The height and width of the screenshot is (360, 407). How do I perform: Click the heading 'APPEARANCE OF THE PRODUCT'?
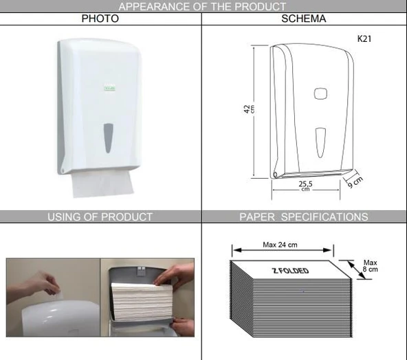click(x=202, y=6)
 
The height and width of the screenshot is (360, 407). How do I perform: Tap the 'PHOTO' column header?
click(x=100, y=19)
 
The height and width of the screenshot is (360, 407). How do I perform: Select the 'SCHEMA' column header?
click(x=304, y=19)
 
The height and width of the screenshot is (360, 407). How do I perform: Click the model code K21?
click(x=364, y=38)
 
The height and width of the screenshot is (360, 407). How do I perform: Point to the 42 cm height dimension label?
click(x=249, y=109)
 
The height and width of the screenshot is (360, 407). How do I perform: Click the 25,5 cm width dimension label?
click(x=305, y=185)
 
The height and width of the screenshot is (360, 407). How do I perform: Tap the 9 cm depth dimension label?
click(x=355, y=182)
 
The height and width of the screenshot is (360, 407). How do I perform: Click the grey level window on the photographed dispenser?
click(x=108, y=137)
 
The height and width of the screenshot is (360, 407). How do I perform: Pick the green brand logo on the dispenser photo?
click(x=109, y=87)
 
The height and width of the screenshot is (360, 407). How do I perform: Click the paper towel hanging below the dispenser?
click(x=102, y=183)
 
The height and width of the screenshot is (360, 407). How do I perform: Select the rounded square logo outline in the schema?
click(x=320, y=93)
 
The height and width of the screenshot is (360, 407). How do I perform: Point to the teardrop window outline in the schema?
click(x=320, y=143)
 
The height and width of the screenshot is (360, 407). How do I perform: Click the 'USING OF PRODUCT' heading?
click(x=100, y=217)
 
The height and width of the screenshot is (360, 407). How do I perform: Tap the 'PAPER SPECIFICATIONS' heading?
click(x=304, y=217)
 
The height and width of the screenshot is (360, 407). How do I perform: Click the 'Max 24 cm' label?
click(x=280, y=245)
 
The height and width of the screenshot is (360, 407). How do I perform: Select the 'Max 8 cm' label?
click(x=370, y=266)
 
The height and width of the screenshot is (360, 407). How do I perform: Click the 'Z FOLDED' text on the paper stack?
click(x=290, y=271)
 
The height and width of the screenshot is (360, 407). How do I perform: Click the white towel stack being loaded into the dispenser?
click(x=142, y=302)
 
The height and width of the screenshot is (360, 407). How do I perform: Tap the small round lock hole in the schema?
click(x=275, y=175)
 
